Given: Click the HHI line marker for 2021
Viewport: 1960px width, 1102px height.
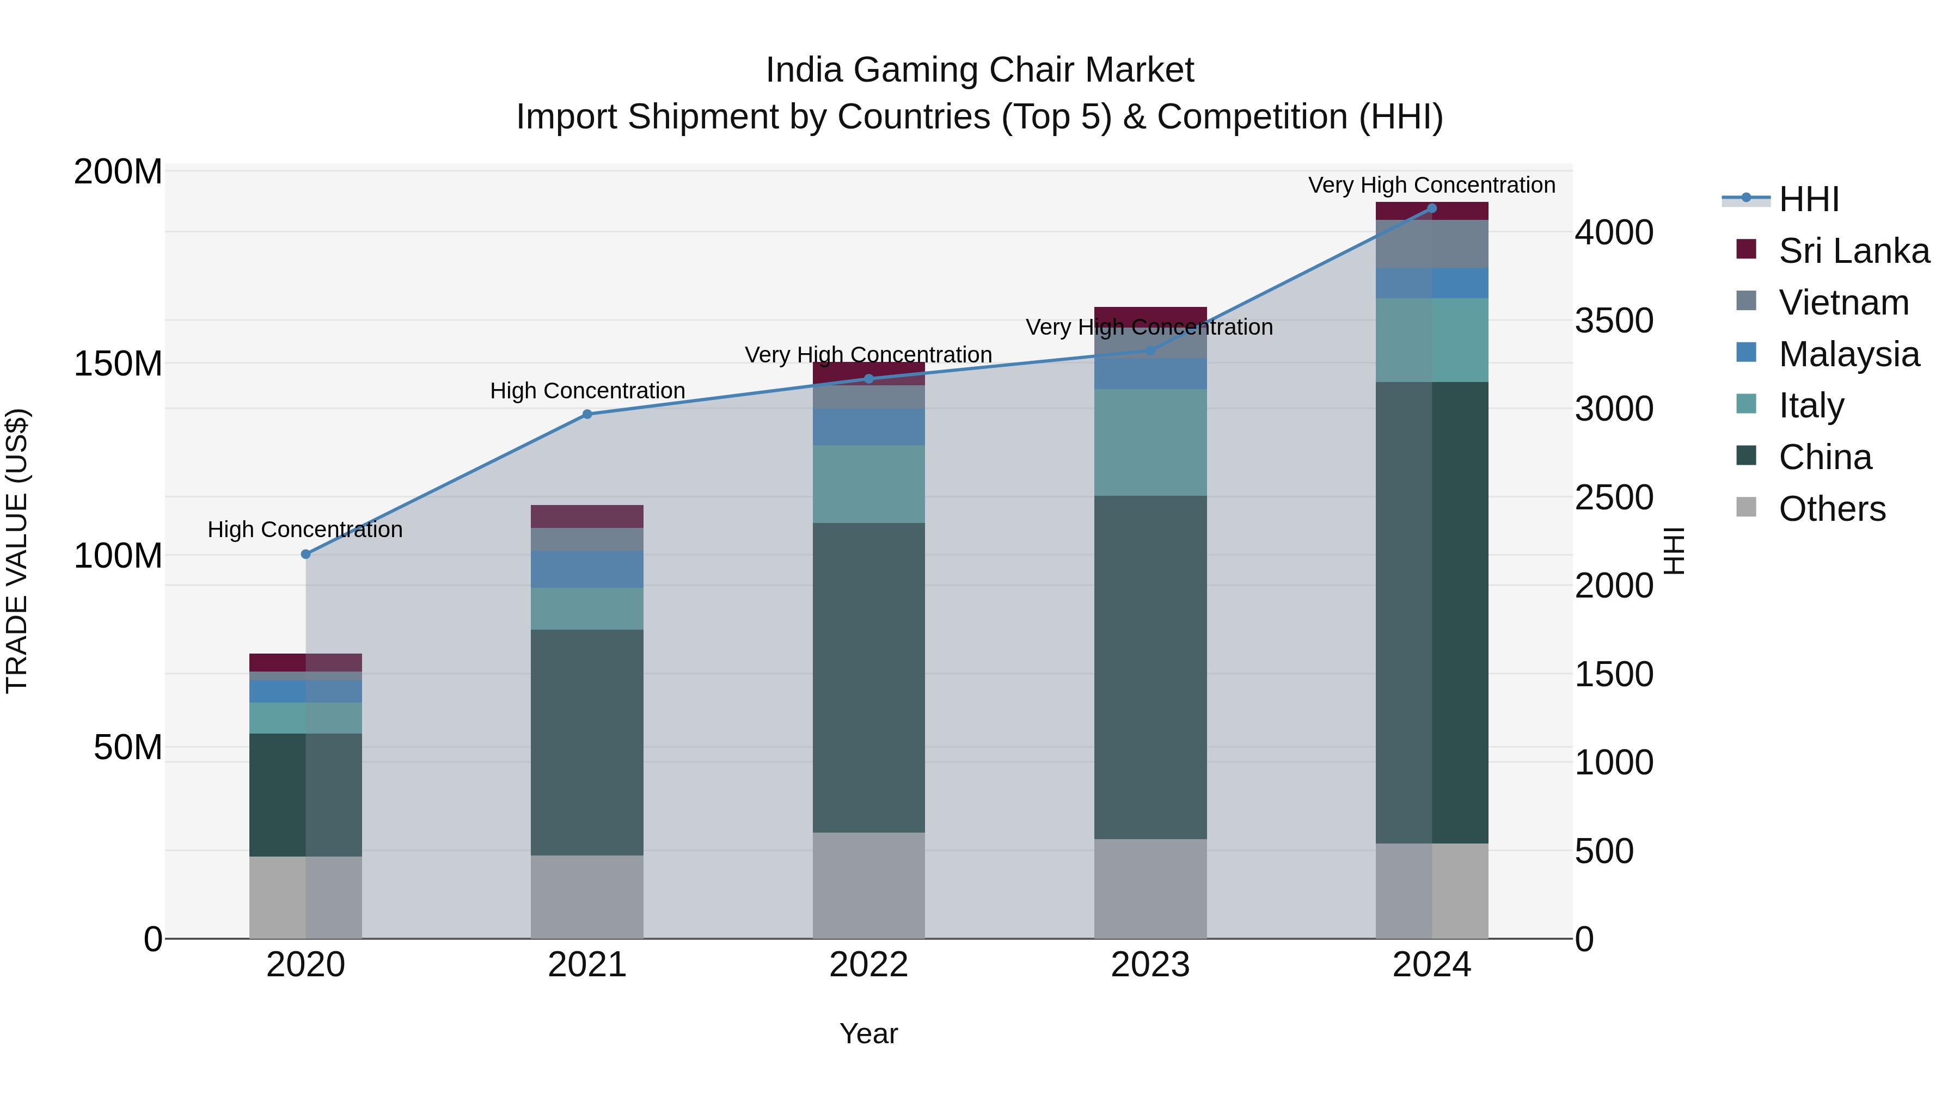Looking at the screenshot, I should tap(586, 415).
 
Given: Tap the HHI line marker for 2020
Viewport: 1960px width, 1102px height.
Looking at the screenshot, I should tap(306, 555).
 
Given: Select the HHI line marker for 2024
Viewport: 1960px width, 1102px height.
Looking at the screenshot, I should tap(1431, 208).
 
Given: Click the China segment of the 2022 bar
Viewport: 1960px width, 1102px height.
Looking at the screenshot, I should tap(868, 677).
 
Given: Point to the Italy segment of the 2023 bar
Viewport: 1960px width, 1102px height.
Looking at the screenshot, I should tap(1150, 442).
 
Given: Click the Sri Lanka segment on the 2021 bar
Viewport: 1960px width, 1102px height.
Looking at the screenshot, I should tap(586, 516).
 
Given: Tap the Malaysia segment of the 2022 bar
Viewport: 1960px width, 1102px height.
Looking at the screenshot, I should tap(868, 427).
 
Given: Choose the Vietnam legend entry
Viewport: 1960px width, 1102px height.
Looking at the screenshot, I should tap(1843, 303).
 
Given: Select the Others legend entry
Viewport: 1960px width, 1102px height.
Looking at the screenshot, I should tap(1832, 509).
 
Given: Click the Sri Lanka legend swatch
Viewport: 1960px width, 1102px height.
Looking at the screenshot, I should tap(1746, 249).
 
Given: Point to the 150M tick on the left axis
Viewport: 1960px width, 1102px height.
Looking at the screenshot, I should tap(118, 364).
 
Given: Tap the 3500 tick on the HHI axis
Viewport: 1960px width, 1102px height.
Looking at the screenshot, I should tap(1613, 320).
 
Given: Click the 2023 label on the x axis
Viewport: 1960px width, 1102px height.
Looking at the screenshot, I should tap(1150, 965).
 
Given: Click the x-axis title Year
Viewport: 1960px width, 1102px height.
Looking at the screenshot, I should tap(868, 1033).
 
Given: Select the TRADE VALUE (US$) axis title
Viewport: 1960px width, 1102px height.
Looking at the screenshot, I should tap(17, 551).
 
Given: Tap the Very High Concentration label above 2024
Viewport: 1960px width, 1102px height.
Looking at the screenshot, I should tap(1431, 185).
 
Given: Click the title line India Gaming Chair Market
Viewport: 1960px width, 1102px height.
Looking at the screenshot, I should tap(979, 70).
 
